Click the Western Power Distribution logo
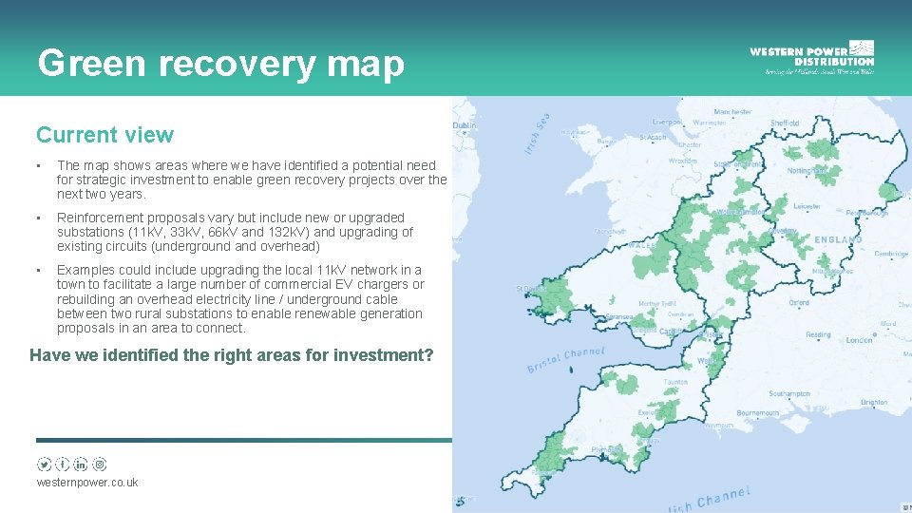point(811,56)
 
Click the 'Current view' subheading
point(104,135)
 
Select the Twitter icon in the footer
point(44,465)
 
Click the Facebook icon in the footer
point(63,465)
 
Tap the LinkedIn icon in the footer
point(81,465)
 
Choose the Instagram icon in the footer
point(100,465)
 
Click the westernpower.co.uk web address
point(86,483)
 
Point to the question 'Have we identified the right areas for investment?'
point(231,355)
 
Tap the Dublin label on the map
point(465,125)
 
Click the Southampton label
point(789,393)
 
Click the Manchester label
point(732,112)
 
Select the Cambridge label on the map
point(892,254)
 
